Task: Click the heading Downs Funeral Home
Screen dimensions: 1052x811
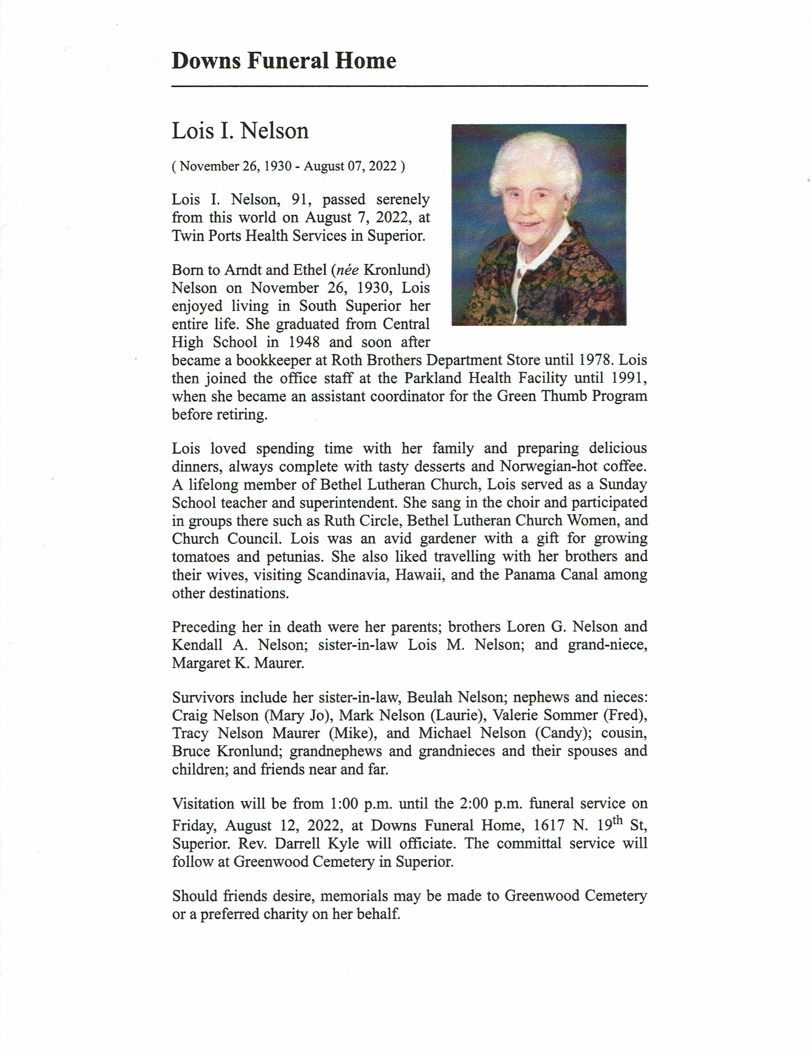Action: (x=284, y=61)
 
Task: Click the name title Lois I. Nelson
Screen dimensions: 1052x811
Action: (x=240, y=131)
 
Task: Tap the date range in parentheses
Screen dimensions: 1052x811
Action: (x=288, y=166)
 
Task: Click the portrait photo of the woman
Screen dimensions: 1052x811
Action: (x=538, y=224)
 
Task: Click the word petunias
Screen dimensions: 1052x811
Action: (x=294, y=556)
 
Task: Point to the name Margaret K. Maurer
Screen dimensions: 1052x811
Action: (x=238, y=663)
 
